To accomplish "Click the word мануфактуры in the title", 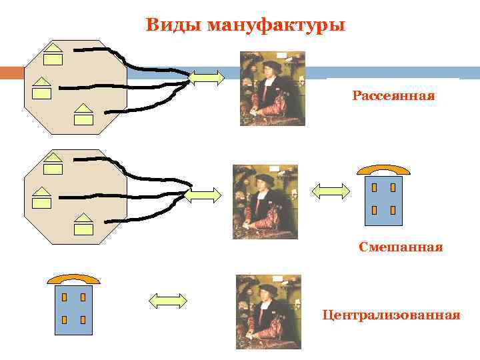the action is pos(276,26).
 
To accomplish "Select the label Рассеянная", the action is pos(393,96).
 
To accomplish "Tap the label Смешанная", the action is pos(400,247).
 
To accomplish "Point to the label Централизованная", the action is pos(391,314).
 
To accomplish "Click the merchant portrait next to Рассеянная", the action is pos(272,89).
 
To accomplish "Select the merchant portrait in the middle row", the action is pos(265,201).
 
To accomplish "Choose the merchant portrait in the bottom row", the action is pos(268,311).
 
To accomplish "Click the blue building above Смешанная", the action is pos(383,200).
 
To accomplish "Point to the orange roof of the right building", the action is pos(383,169).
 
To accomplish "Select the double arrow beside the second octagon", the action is pos(202,195).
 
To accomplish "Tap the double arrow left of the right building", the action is pos(331,192).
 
